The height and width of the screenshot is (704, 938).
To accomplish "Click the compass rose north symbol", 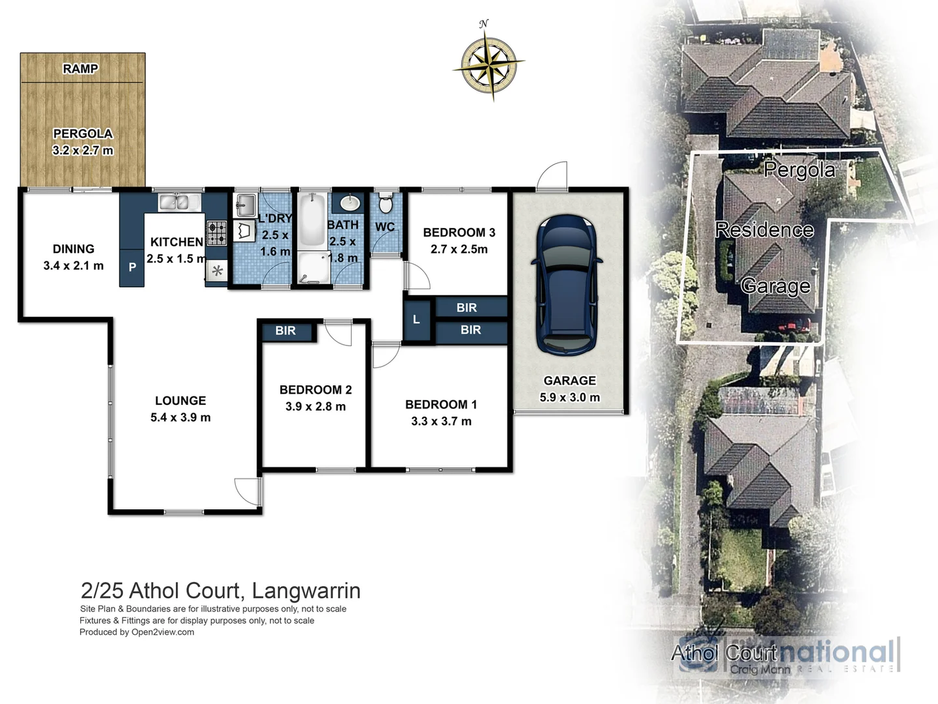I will click(489, 63).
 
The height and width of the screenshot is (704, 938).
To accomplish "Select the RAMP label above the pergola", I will click(81, 68).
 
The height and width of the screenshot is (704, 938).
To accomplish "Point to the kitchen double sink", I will click(174, 203).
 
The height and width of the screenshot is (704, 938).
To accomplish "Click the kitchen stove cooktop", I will click(217, 231).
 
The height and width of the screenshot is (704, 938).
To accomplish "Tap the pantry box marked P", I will click(132, 267).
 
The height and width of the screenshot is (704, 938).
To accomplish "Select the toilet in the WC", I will click(385, 203).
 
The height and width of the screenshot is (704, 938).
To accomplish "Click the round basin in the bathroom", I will click(350, 203).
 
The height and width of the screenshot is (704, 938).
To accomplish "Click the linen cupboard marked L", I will click(416, 319).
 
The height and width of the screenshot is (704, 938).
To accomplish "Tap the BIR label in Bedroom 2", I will click(285, 331).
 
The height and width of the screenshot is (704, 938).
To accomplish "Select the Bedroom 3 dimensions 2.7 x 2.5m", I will click(459, 249).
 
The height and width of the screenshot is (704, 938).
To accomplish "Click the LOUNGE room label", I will click(180, 401).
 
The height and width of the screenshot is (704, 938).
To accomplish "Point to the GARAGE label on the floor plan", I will click(569, 381).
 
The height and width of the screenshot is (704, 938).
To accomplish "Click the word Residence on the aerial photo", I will click(764, 229).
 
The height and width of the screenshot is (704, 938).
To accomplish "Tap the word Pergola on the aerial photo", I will click(799, 169).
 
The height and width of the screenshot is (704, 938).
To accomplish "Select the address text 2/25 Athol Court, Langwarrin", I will click(220, 591).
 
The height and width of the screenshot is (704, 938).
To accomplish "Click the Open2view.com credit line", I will click(137, 632).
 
